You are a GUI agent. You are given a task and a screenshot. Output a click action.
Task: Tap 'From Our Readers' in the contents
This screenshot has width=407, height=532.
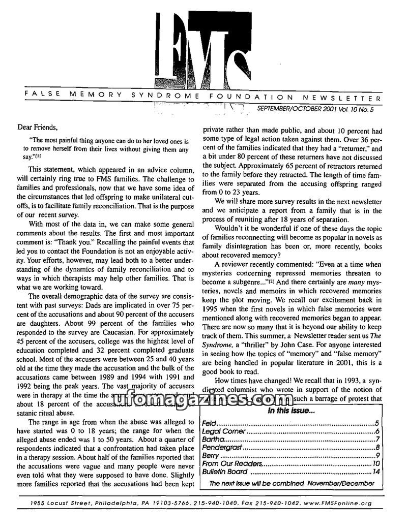click(232, 463)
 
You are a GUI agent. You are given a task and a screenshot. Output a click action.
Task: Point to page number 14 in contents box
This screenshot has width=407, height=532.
click(375, 472)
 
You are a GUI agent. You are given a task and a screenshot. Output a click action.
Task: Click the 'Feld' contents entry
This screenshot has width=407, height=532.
click(208, 423)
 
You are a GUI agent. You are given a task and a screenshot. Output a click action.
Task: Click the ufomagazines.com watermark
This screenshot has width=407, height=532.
click(203, 400)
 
